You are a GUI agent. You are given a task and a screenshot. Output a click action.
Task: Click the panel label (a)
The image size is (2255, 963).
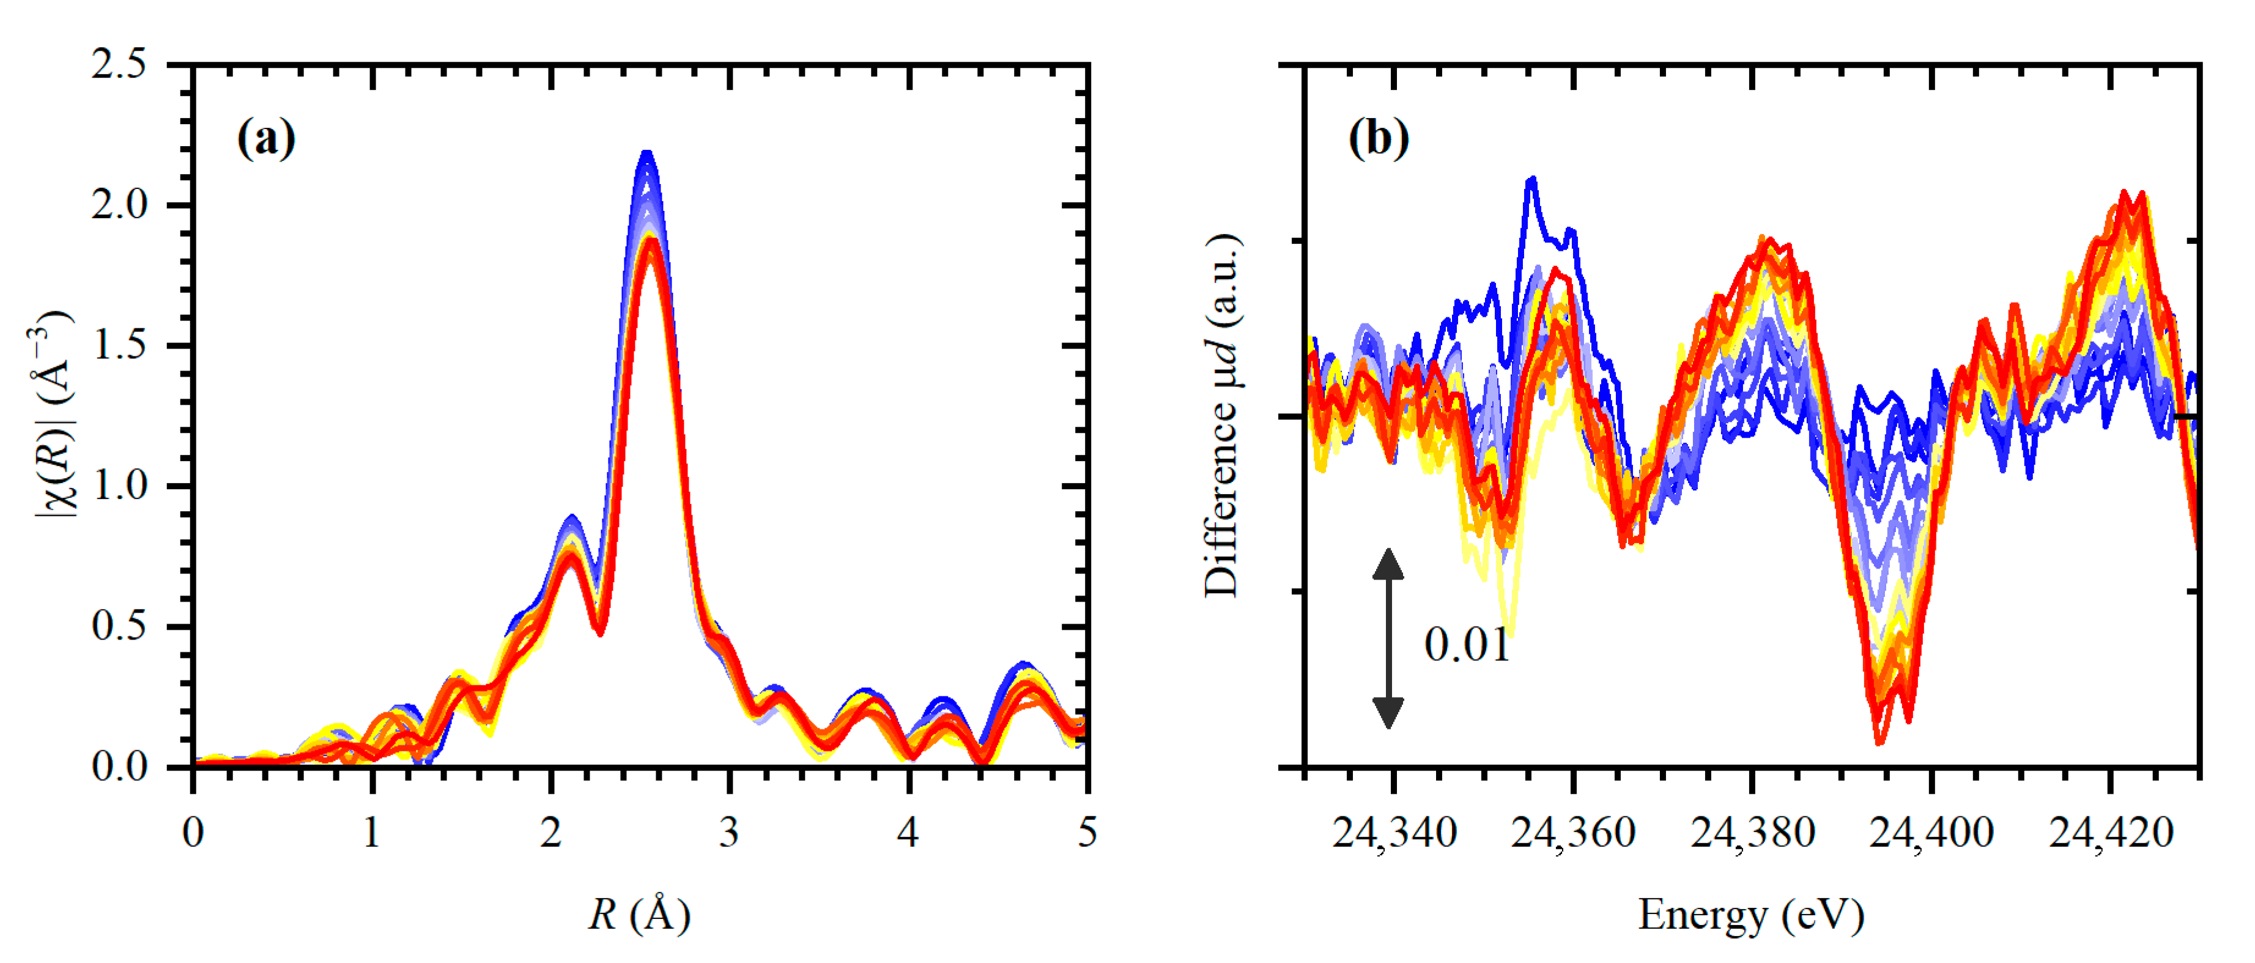pos(266,138)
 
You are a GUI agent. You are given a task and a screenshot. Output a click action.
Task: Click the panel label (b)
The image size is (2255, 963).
pos(1379,138)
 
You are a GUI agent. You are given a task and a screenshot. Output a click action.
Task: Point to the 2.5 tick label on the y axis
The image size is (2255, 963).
pos(119,65)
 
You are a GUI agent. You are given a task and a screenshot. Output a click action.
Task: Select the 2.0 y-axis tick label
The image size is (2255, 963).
pos(119,205)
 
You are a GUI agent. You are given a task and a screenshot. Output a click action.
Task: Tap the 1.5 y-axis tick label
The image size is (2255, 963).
pos(119,346)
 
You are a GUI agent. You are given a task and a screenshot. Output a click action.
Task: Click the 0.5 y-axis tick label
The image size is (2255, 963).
pos(119,626)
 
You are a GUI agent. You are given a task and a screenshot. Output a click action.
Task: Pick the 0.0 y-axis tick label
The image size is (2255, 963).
pos(119,767)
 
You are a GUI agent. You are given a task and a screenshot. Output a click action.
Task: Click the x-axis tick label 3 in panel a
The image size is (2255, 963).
pos(729,832)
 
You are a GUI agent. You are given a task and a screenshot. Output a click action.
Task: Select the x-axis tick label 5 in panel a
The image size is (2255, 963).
pos(1086,832)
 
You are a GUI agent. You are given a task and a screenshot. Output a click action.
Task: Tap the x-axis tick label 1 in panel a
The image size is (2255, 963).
pos(372,832)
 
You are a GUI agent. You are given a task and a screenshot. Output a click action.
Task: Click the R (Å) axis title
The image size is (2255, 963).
pos(639,915)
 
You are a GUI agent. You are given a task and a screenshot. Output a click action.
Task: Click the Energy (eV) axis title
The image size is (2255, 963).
pos(1751,915)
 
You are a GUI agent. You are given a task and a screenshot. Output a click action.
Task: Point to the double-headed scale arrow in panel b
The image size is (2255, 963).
pos(1388,639)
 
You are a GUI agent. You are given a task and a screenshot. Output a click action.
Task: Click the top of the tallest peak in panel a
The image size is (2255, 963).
pos(647,154)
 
